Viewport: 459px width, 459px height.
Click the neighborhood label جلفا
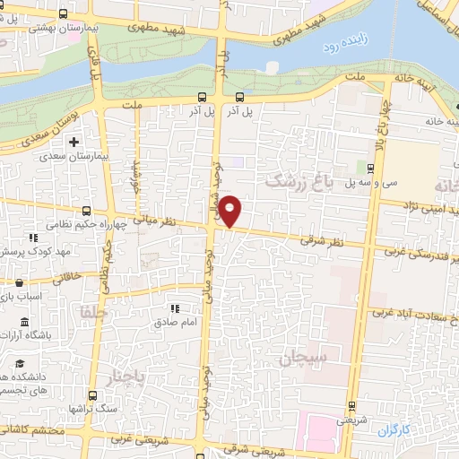coord(93,314)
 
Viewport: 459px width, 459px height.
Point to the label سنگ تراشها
coord(72,408)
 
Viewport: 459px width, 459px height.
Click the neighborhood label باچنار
coord(122,374)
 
